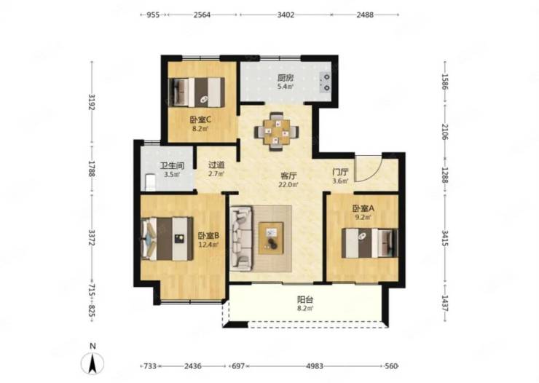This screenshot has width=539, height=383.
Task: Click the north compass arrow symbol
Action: click(x=92, y=364)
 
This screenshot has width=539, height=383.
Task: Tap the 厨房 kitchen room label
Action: click(x=286, y=78)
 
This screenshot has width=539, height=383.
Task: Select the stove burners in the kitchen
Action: click(x=325, y=83)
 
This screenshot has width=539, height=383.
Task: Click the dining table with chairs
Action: click(x=276, y=132)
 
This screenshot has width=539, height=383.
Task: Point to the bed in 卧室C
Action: click(x=198, y=92)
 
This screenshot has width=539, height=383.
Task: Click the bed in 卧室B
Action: click(x=167, y=238)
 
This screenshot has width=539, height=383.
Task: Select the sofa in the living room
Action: click(x=241, y=238)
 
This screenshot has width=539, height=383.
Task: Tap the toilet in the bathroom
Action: click(x=150, y=182)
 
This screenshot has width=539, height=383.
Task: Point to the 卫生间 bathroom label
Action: click(x=172, y=165)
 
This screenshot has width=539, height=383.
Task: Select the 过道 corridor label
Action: click(x=216, y=165)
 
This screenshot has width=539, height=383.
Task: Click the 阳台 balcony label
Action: click(x=305, y=299)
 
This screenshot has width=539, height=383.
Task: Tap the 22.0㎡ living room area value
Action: click(x=288, y=184)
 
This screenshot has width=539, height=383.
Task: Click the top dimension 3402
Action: click(x=286, y=15)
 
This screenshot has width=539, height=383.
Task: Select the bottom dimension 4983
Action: click(x=315, y=366)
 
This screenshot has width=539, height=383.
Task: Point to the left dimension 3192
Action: click(x=92, y=102)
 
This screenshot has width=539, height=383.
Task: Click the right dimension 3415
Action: click(x=445, y=239)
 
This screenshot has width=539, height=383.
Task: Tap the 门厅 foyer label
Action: click(x=340, y=172)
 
